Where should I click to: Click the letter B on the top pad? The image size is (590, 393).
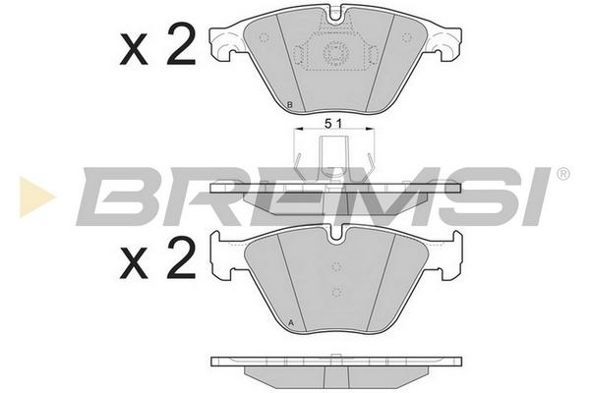click(x=289, y=105)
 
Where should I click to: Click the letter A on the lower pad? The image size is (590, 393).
click(x=290, y=322)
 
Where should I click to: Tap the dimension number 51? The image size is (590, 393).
click(x=333, y=124)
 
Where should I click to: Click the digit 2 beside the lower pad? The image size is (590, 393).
click(x=182, y=258)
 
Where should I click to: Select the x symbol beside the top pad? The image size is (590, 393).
click(x=133, y=50)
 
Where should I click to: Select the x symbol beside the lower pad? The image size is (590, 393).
click(x=133, y=264)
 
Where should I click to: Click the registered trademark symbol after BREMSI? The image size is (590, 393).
click(x=562, y=174)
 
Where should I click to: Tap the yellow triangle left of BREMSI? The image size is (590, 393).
click(x=36, y=196)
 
